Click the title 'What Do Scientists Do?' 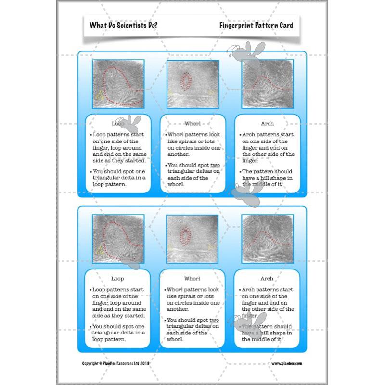[123, 26]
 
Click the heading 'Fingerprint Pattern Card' [256, 26]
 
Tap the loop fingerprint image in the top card [118, 83]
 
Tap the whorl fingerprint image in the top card [192, 84]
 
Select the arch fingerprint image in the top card [267, 83]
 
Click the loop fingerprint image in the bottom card [118, 238]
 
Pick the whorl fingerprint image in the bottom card [192, 239]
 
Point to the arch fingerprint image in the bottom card [267, 238]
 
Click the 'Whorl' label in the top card [192, 124]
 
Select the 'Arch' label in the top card [267, 124]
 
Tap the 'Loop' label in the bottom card [117, 279]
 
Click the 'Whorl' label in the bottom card [192, 279]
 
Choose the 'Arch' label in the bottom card [267, 279]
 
